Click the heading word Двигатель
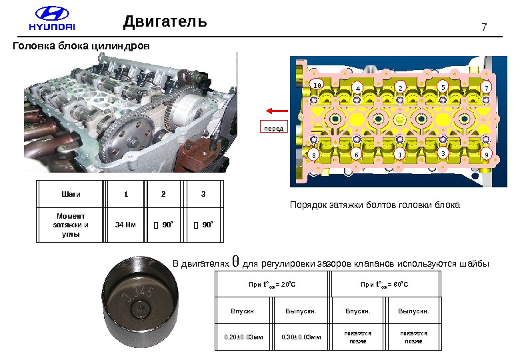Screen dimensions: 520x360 165,23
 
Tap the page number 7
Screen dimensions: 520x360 484,27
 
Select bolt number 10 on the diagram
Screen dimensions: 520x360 317,85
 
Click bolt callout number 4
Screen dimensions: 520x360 357,88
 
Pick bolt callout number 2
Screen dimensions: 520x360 400,87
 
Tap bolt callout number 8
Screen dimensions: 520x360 313,155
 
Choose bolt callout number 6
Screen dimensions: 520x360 356,154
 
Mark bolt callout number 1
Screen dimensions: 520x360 399,154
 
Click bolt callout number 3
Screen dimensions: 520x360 443,153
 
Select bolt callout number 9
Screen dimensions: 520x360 487,155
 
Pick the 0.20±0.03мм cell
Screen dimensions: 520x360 243,337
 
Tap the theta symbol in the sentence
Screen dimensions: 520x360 234,261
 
